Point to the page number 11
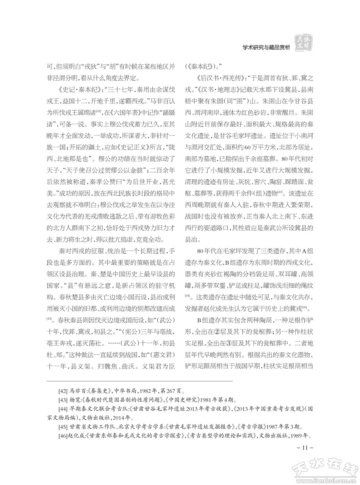pyautogui.click(x=303, y=449)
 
